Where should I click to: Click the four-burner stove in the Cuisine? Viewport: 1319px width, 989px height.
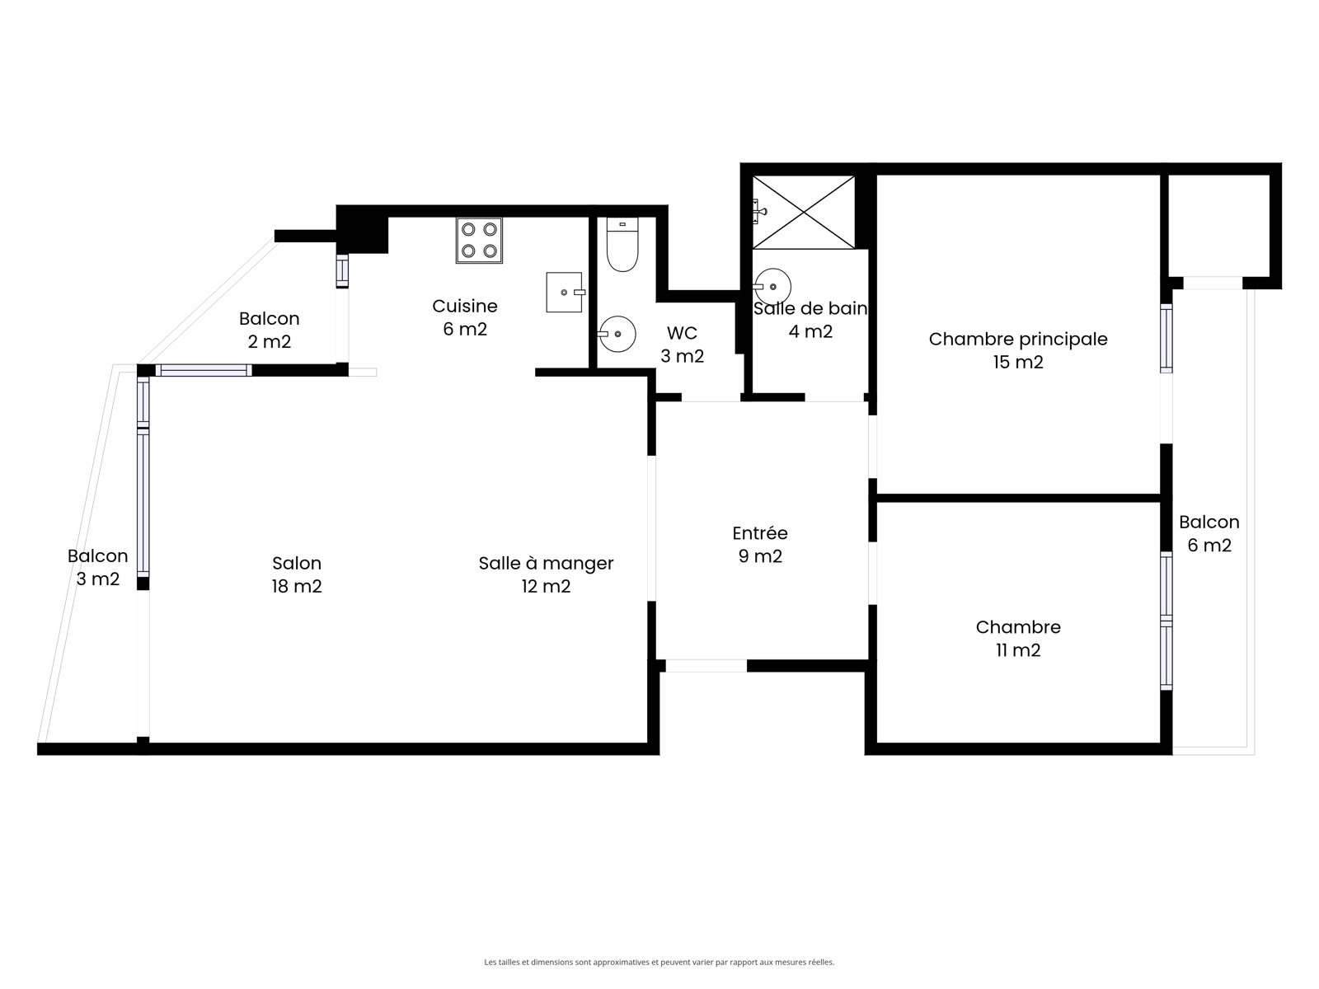point(479,240)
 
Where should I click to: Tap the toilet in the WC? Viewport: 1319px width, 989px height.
point(622,245)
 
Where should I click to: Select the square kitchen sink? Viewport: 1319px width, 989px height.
point(565,293)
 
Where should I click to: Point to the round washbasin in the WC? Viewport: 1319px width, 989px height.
point(617,334)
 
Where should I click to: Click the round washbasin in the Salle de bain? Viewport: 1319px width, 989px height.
point(772,287)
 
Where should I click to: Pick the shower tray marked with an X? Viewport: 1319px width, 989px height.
point(804,212)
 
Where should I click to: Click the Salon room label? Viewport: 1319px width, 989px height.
point(297,563)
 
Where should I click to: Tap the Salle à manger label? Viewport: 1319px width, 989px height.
point(546,563)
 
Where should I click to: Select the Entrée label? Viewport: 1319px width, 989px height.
point(760,533)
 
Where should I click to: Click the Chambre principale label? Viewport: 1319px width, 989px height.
point(1018,340)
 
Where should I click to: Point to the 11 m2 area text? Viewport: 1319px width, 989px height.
point(1018,650)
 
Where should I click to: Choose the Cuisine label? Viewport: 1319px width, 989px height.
point(464,307)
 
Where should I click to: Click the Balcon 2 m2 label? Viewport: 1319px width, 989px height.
point(270,330)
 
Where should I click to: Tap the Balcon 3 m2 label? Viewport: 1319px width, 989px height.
point(97,568)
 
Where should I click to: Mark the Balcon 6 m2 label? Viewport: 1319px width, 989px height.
point(1209,534)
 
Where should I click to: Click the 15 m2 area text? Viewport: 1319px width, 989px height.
point(1018,363)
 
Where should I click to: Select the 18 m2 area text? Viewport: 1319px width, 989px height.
point(297,587)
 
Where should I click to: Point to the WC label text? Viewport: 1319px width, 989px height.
point(682,333)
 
